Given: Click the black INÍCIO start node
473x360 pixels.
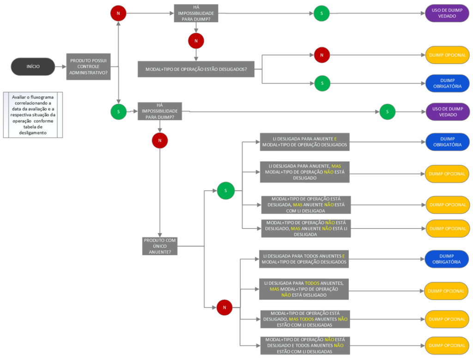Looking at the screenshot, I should point(33,66).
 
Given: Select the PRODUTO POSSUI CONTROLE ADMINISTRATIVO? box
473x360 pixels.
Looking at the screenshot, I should point(88,66).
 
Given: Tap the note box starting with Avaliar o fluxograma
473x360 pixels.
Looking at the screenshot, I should point(33,114).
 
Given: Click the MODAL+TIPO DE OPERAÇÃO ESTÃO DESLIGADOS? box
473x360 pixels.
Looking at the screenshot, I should point(196,69).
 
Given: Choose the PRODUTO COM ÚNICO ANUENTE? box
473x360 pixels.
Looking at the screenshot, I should point(160,246).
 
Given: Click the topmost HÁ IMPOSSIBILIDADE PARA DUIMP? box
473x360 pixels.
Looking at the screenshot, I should point(196,13).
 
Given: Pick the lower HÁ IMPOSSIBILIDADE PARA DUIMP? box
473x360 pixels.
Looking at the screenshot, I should point(160,111).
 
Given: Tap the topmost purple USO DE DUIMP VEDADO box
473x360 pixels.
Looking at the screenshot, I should point(447,13).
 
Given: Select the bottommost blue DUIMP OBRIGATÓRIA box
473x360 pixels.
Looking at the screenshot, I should point(447,259).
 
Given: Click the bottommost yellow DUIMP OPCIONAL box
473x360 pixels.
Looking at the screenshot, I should point(447,346).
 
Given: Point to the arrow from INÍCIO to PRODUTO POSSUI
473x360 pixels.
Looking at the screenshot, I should point(60,66).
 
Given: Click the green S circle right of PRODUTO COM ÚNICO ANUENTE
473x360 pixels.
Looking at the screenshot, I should point(225,190).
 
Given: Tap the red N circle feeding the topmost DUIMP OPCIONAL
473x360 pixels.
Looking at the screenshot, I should point(322,55).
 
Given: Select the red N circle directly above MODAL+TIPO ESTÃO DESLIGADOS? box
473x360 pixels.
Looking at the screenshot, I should point(196,41).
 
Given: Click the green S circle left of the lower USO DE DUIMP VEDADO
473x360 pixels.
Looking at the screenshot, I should point(388,112).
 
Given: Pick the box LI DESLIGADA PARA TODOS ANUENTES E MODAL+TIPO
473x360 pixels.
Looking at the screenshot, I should point(303,259).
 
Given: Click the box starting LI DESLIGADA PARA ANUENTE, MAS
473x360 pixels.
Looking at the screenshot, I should point(304,172).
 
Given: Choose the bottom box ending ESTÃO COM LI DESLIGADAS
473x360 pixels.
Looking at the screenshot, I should point(305,346).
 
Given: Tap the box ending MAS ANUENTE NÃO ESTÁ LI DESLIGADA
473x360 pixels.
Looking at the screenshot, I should point(305,228).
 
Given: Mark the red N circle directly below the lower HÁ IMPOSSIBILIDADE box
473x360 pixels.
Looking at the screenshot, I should point(160,140).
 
